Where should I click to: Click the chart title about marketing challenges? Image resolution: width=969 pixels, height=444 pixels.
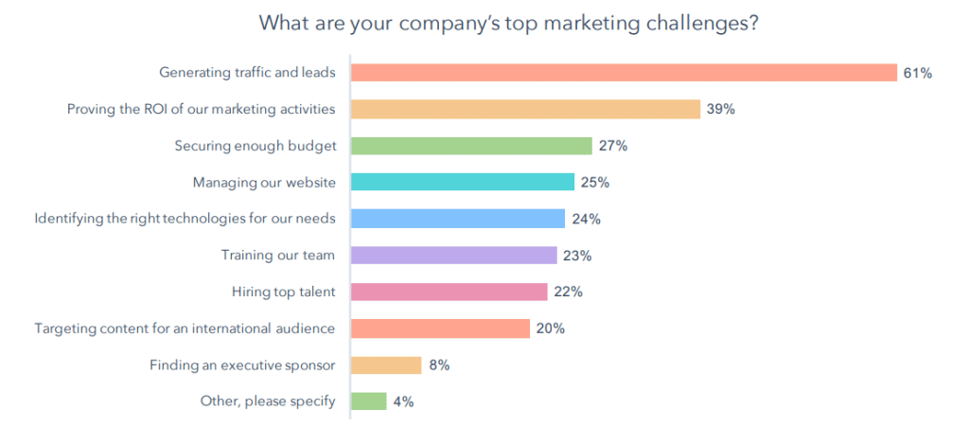(x=508, y=24)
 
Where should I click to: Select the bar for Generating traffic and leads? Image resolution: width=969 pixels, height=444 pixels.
(x=624, y=73)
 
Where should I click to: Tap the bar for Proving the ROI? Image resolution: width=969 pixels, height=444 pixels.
(x=525, y=109)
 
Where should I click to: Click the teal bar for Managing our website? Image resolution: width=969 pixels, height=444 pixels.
(x=463, y=182)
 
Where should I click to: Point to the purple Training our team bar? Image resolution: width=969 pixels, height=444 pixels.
(x=453, y=255)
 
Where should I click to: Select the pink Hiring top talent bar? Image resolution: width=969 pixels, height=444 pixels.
(x=449, y=292)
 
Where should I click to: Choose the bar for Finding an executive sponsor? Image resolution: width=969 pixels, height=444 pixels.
(x=386, y=364)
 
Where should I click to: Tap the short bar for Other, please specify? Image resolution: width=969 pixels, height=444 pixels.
(x=369, y=401)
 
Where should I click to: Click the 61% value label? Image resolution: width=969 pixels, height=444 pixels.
(x=917, y=73)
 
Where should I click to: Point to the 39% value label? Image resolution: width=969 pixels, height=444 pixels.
(x=720, y=109)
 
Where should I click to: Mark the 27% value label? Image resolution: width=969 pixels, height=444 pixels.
(x=612, y=146)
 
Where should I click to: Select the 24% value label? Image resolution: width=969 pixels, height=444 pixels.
(x=586, y=219)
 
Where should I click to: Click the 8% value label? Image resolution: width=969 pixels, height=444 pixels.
(x=438, y=364)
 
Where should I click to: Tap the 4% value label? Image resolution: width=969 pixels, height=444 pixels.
(x=403, y=401)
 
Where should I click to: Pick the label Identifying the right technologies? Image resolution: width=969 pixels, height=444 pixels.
(x=185, y=219)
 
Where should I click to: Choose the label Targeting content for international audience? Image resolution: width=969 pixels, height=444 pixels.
(x=185, y=329)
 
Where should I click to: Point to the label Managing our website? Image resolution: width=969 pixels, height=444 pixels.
(x=264, y=182)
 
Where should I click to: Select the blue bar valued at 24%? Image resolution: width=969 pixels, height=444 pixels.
(x=458, y=219)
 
